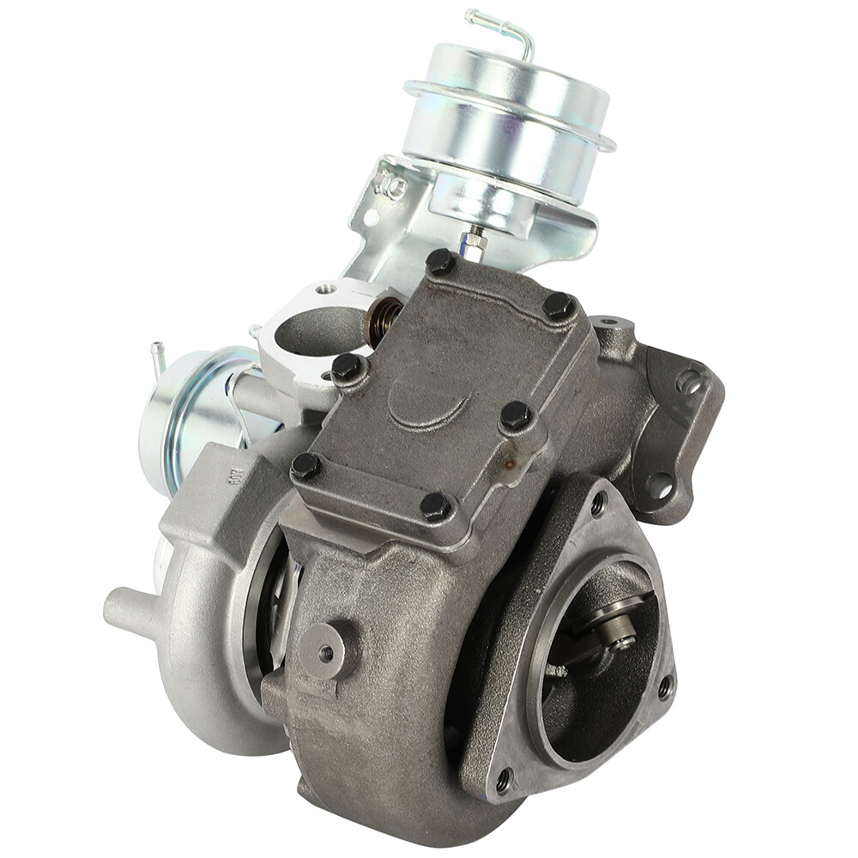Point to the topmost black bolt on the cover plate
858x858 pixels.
tap(441, 262)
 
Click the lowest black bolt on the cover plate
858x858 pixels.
tap(436, 506)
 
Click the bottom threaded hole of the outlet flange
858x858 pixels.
tap(504, 779)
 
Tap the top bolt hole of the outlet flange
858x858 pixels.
tap(598, 505)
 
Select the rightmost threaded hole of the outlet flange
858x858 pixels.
tap(664, 686)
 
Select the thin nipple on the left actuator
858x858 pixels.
tap(158, 355)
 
